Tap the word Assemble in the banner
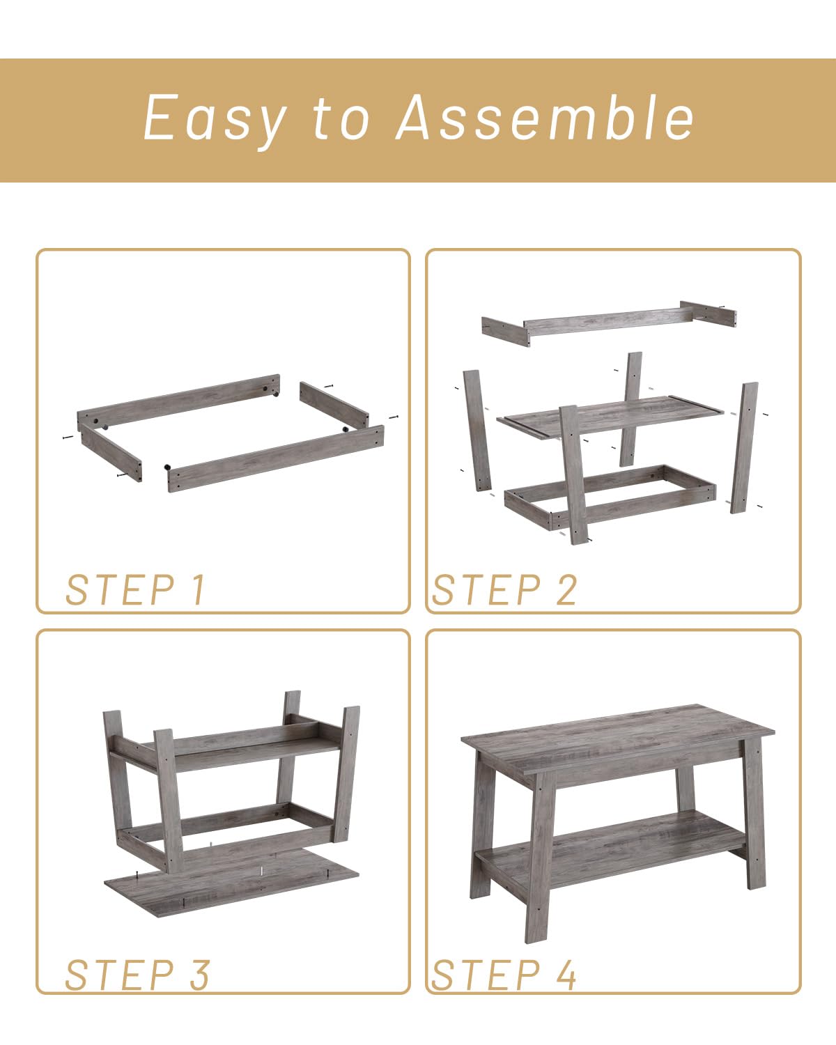coord(545,117)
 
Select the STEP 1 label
coord(136,589)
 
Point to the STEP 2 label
coord(504,589)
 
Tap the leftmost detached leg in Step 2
coord(477,431)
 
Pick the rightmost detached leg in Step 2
coord(744,447)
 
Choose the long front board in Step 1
coord(276,458)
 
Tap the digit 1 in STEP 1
coord(198,589)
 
